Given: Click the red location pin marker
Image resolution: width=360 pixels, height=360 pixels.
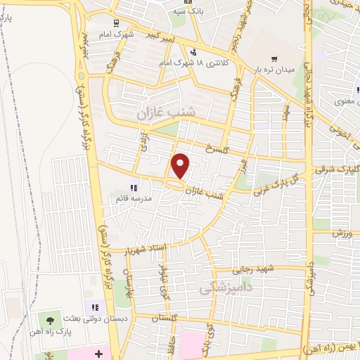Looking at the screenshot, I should pyautogui.click(x=181, y=166).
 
